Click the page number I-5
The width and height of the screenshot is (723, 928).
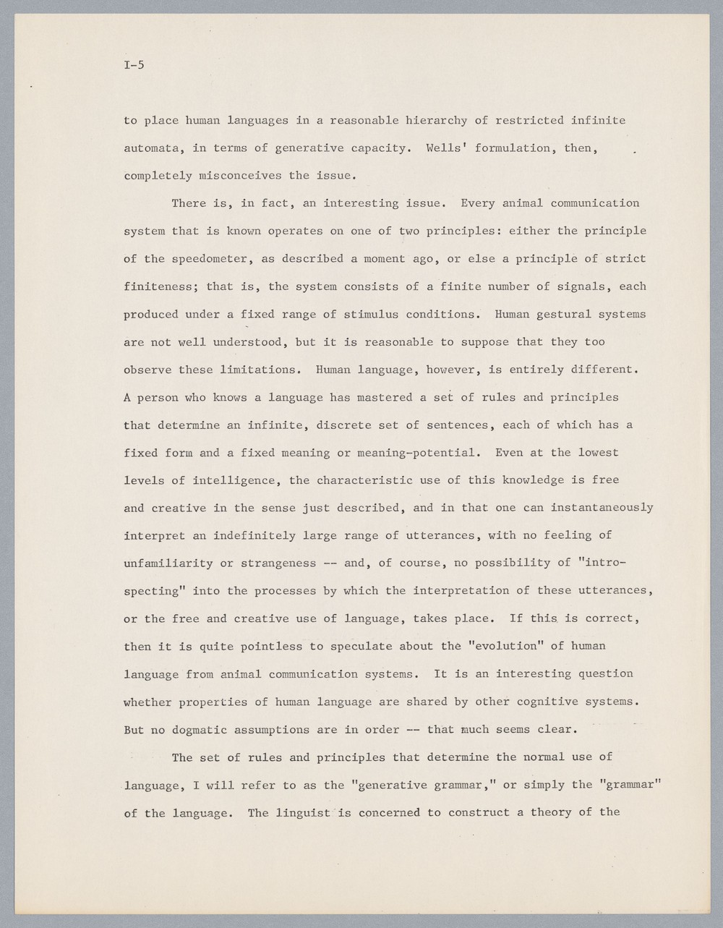click(134, 65)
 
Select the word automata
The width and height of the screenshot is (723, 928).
click(151, 148)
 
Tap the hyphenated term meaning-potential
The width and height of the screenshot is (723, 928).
click(423, 453)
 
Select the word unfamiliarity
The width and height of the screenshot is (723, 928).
click(168, 563)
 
